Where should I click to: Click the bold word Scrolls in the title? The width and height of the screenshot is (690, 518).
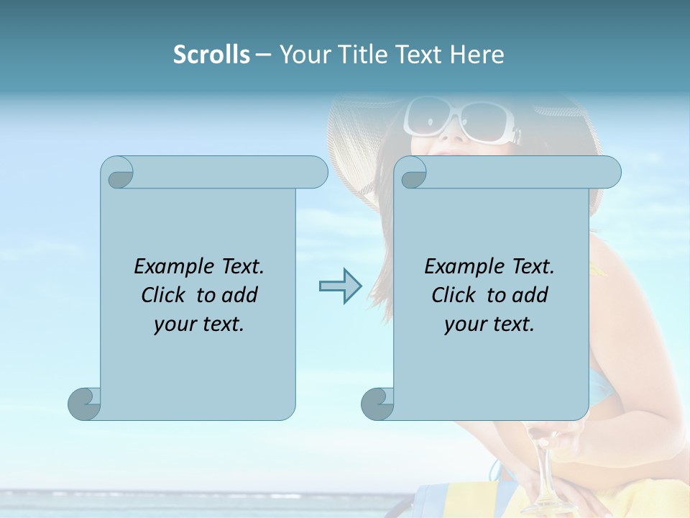click(x=211, y=55)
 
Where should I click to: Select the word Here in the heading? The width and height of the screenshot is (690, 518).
click(x=477, y=55)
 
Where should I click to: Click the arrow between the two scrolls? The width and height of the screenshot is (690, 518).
click(x=340, y=286)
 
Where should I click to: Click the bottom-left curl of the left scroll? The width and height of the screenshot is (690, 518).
click(x=84, y=403)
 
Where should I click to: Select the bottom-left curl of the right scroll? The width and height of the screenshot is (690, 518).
click(x=377, y=403)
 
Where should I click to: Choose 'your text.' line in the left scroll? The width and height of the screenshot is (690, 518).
click(x=199, y=324)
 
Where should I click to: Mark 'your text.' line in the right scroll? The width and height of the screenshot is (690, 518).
click(x=489, y=324)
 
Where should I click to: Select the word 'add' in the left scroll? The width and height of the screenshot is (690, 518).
click(x=239, y=295)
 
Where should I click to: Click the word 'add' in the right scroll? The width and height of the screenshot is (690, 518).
click(x=530, y=295)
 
